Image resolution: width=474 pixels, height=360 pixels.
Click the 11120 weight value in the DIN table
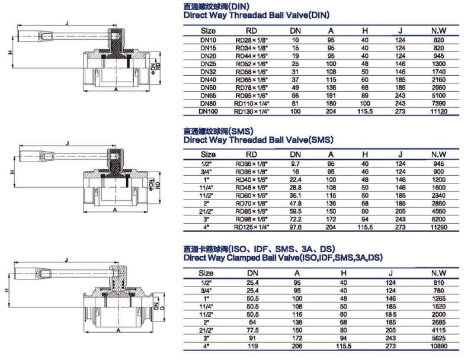pyautogui.click(x=438, y=111)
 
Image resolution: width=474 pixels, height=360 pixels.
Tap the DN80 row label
pyautogui.click(x=208, y=104)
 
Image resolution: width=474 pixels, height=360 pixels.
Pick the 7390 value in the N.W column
pyautogui.click(x=438, y=104)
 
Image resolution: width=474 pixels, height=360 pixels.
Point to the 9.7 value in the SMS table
pyautogui.click(x=296, y=163)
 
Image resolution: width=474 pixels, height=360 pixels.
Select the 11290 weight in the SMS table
pyautogui.click(x=438, y=227)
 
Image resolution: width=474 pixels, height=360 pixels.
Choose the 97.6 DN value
pyautogui.click(x=296, y=227)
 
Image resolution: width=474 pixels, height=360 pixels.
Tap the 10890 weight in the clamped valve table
pyautogui.click(x=438, y=344)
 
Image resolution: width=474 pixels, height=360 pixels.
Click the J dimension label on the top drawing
pyautogui.click(x=66, y=22)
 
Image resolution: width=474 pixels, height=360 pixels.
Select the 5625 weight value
pyautogui.click(x=438, y=336)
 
